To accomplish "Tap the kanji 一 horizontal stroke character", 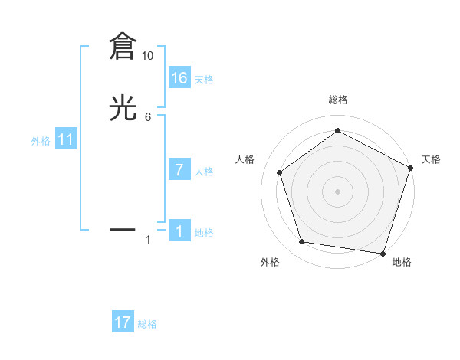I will click(x=123, y=228).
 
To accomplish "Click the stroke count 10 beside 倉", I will click(x=148, y=56).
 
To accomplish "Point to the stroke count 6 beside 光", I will click(x=148, y=117).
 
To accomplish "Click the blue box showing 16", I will click(x=179, y=77).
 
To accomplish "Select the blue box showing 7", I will click(x=179, y=170).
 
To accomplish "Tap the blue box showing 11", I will click(x=66, y=139).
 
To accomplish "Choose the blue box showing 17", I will click(x=123, y=322).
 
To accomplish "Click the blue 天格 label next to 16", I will click(x=204, y=79).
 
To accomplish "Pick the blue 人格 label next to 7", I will click(x=204, y=172).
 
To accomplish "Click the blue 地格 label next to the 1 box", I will click(x=204, y=233).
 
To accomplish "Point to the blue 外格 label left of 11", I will click(x=41, y=141).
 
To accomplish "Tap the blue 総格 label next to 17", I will click(x=147, y=324).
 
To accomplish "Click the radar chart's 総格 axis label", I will click(x=338, y=100).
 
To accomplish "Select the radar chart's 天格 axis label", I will click(x=431, y=159).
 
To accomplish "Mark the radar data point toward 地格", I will click(x=383, y=253).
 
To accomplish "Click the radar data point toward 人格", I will click(x=280, y=172).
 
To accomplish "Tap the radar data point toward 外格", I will click(x=302, y=242).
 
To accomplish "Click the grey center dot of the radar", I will click(x=338, y=191).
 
